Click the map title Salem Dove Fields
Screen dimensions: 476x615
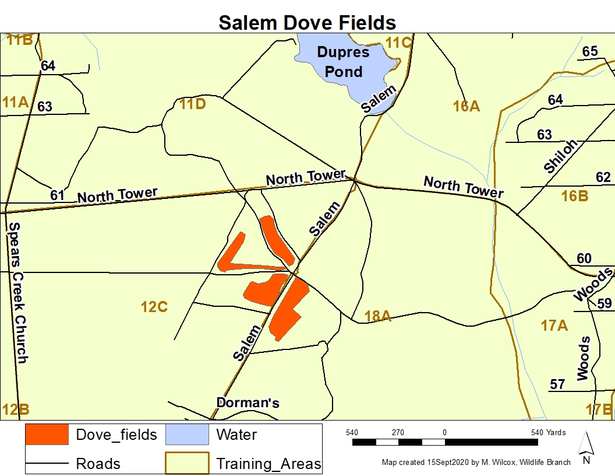tap(307, 22)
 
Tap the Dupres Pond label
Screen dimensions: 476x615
tap(343, 62)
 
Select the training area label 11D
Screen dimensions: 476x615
tap(192, 104)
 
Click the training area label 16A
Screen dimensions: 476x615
tap(466, 106)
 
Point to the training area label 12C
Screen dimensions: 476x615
tap(154, 306)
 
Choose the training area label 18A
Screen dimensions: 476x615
tap(377, 316)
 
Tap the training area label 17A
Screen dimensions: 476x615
tap(554, 325)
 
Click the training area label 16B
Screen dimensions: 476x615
tap(574, 196)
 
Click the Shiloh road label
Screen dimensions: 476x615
tap(560, 156)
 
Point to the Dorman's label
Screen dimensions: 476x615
tap(248, 402)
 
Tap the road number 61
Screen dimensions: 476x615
tap(57, 195)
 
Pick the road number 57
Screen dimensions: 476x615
tap(557, 384)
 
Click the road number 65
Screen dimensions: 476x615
tap(590, 51)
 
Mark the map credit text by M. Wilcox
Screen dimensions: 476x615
tap(476, 463)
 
